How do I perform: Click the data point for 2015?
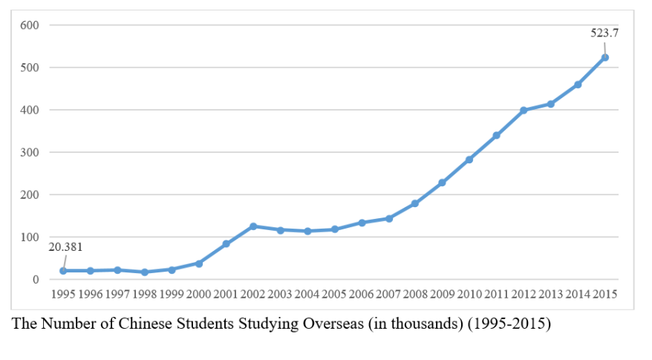[605, 57]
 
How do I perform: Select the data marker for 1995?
[63, 271]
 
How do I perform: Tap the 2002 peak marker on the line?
[253, 226]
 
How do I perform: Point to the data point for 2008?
[415, 203]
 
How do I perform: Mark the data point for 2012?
[524, 110]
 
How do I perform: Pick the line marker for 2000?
[199, 264]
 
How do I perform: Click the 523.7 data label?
[604, 33]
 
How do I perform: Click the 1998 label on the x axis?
[145, 295]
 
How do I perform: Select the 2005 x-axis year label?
[334, 295]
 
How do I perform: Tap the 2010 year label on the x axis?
[469, 295]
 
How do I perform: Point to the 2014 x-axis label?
[578, 295]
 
